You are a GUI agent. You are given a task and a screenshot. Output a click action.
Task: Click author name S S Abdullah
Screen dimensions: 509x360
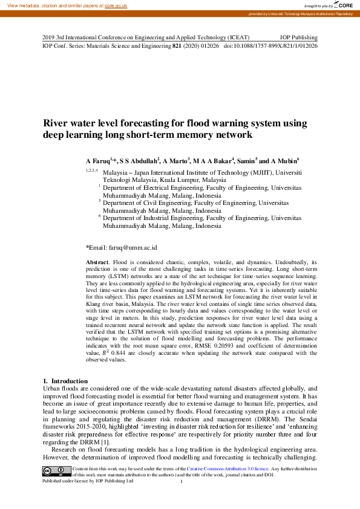[139, 161]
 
